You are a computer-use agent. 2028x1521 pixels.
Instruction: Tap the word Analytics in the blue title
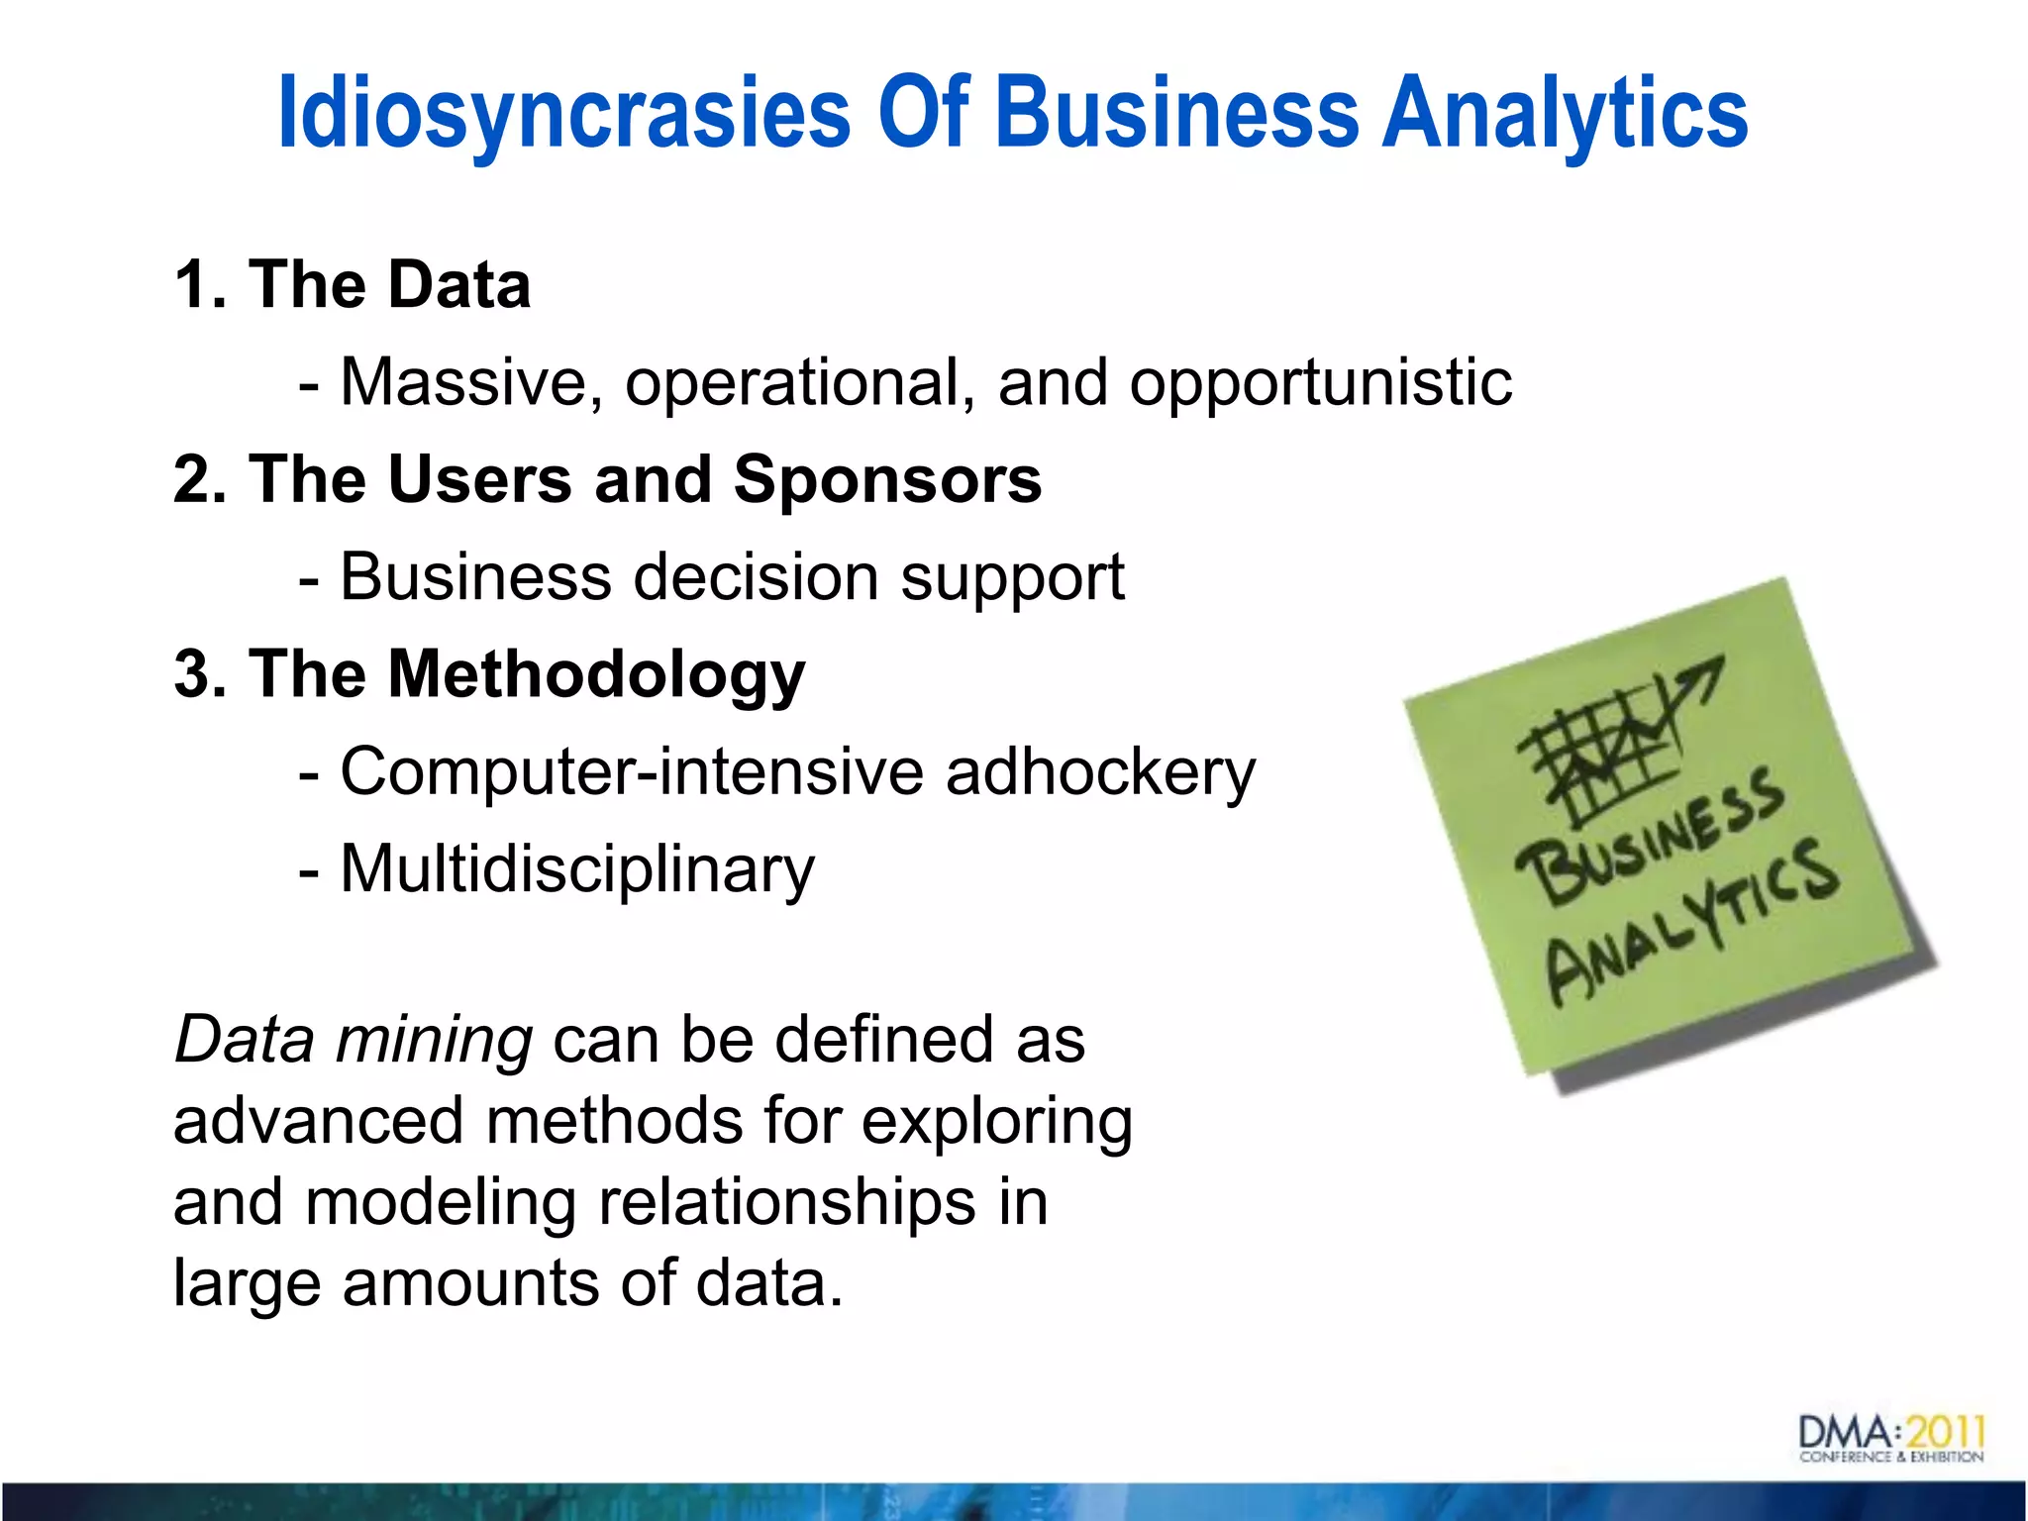[x=1565, y=114]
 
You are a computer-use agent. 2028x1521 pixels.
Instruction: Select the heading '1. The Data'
[x=353, y=285]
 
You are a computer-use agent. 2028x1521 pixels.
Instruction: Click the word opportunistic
[x=1321, y=383]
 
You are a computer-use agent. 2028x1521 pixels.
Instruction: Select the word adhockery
[x=1100, y=771]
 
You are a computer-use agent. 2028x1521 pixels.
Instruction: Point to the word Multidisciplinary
[x=577, y=869]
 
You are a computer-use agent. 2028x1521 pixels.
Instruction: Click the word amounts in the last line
[x=470, y=1283]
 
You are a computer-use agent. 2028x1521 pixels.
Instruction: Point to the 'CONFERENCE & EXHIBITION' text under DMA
[x=1891, y=1457]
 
